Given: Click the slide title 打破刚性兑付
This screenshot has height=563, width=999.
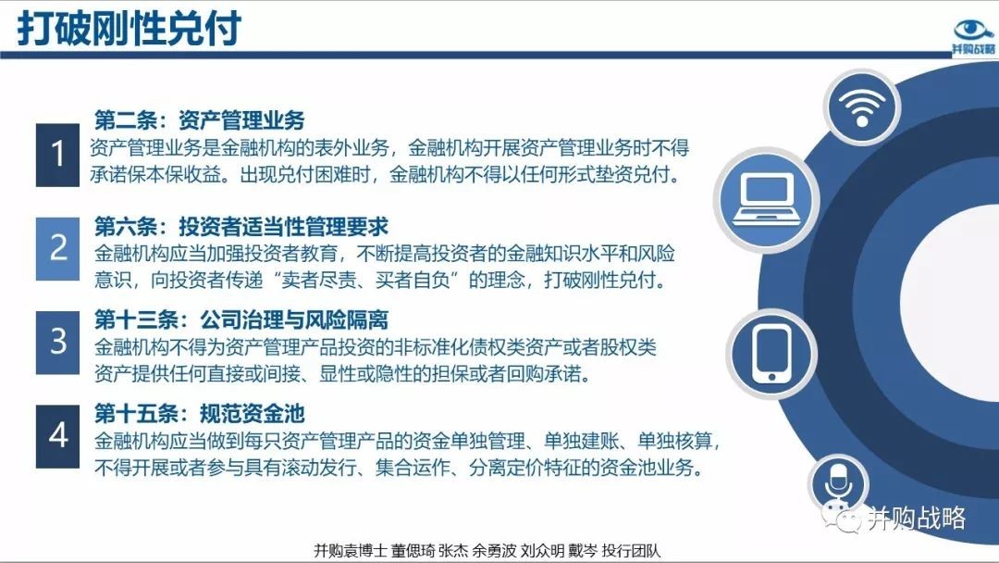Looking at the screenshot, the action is [x=129, y=28].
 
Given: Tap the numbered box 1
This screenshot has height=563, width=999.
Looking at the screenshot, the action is [x=58, y=155].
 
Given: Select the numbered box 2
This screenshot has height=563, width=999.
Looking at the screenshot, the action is [x=58, y=248].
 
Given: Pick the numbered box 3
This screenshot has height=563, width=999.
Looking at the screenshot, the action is [x=58, y=342].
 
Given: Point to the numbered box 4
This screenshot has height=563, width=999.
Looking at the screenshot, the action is [x=58, y=436].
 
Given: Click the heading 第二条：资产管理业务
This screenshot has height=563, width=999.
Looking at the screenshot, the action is [x=200, y=119].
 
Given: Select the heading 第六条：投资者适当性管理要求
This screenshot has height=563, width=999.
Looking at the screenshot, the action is [x=241, y=226].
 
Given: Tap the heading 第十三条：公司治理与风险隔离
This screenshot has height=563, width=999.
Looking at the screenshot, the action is [x=241, y=319].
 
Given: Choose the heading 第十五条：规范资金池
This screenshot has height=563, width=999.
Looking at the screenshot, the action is [x=200, y=413].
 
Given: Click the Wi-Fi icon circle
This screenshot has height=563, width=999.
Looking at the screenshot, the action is [x=861, y=107].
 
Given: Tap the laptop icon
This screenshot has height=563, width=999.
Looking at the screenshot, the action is [x=767, y=200].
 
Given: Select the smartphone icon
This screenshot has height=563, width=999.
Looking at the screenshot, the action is [x=771, y=354].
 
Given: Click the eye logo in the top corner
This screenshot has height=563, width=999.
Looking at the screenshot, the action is [x=973, y=37].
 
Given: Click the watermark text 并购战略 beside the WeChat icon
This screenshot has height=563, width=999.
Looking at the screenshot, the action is [x=917, y=519].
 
